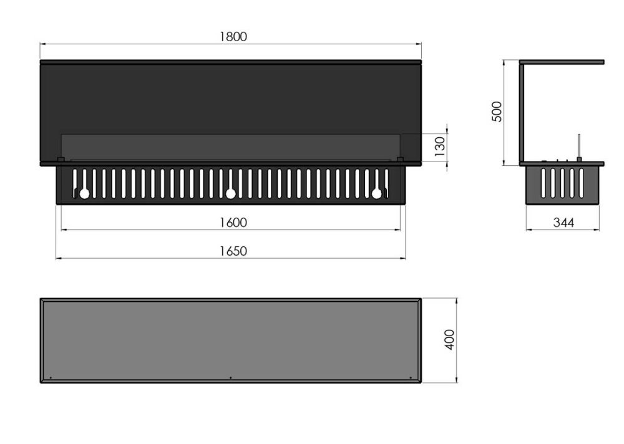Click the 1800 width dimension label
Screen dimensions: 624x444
(x=233, y=37)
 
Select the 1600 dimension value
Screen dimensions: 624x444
(x=233, y=223)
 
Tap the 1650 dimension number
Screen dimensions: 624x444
(x=233, y=251)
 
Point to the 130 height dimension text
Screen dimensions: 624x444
(x=440, y=147)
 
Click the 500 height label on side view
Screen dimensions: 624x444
(x=497, y=112)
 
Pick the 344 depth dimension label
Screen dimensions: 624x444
(x=563, y=223)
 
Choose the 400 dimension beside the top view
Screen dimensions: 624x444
(x=449, y=340)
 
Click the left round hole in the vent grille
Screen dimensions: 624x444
(x=84, y=194)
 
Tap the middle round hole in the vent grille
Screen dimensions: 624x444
(x=230, y=194)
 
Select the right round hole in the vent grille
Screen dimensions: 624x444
(x=376, y=194)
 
